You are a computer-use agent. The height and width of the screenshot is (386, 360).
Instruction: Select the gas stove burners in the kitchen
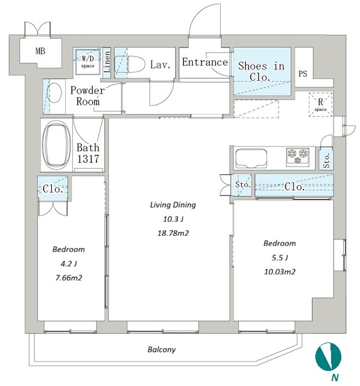click(x=298, y=156)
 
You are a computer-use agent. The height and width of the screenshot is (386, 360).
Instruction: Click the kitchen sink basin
click(x=251, y=158)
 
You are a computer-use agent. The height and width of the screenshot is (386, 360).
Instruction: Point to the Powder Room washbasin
click(x=54, y=92)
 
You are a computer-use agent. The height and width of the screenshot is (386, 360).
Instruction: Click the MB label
click(x=40, y=51)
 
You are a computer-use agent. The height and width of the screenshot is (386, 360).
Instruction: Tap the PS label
click(x=303, y=74)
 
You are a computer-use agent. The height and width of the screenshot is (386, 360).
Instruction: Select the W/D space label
click(x=87, y=62)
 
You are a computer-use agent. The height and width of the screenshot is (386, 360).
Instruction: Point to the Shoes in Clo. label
click(x=261, y=71)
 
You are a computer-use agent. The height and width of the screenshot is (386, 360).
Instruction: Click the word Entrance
click(x=205, y=62)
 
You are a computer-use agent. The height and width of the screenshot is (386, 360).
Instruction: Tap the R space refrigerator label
click(x=320, y=104)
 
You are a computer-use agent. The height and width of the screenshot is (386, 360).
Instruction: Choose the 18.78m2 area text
click(x=173, y=233)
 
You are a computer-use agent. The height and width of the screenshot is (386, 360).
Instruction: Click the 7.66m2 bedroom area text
click(x=69, y=277)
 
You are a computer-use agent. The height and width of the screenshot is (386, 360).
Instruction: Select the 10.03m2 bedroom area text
click(x=280, y=272)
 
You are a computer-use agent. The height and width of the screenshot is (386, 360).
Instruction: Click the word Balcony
click(x=162, y=350)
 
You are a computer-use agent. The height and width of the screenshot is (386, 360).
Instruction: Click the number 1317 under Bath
click(x=88, y=159)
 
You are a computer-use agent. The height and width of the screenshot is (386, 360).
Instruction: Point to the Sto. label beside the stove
click(x=327, y=160)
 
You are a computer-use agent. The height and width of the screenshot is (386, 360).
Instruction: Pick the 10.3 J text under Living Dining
click(x=173, y=219)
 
